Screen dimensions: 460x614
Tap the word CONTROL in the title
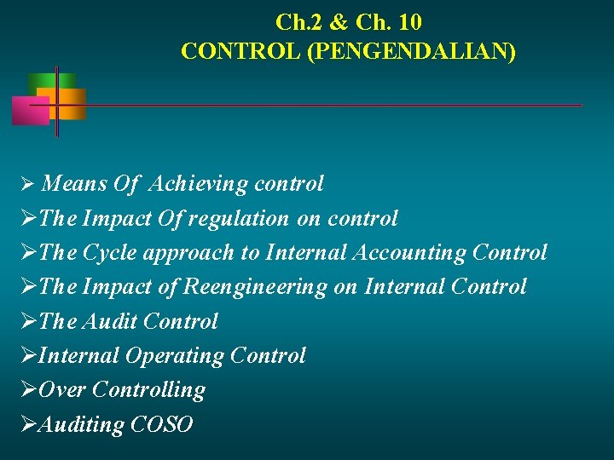tap(240, 52)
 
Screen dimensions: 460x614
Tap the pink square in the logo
tap(30, 111)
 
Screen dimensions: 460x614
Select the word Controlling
tap(148, 390)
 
